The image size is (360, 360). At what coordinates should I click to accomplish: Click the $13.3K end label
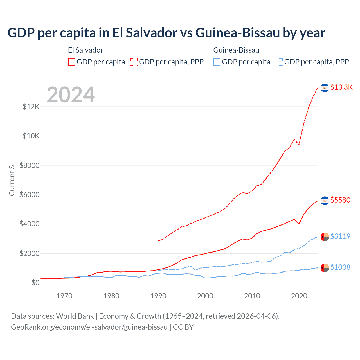(341, 87)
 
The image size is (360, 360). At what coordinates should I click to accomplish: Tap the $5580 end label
(340, 200)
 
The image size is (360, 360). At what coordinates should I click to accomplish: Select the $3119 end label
(340, 236)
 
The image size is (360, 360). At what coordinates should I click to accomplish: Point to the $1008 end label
(340, 267)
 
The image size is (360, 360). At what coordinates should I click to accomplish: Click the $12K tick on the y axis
(31, 107)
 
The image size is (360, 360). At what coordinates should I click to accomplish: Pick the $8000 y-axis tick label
(30, 165)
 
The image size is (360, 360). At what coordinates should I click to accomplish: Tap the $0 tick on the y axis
(35, 283)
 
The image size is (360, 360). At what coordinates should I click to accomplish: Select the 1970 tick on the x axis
(64, 296)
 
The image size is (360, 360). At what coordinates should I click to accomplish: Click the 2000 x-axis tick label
(205, 296)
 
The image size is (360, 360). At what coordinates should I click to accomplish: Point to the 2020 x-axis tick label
(299, 296)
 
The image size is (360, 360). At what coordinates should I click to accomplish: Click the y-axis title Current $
(12, 180)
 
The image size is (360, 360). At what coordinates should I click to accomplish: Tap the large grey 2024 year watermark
(71, 95)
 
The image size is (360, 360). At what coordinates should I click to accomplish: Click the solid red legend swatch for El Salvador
(72, 62)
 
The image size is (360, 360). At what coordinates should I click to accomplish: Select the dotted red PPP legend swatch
(134, 62)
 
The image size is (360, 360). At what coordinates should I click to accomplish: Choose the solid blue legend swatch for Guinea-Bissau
(217, 62)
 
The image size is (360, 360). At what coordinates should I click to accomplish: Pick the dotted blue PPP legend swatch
(279, 62)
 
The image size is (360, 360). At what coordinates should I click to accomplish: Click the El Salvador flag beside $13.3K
(325, 88)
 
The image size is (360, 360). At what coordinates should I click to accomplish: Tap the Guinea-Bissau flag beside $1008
(325, 268)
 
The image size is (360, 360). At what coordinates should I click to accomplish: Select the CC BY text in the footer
(183, 327)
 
